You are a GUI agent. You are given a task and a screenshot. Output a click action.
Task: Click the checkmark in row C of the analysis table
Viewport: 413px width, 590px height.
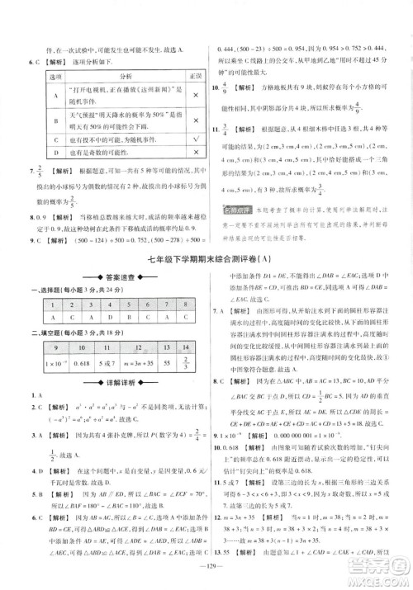coord(192,140)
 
